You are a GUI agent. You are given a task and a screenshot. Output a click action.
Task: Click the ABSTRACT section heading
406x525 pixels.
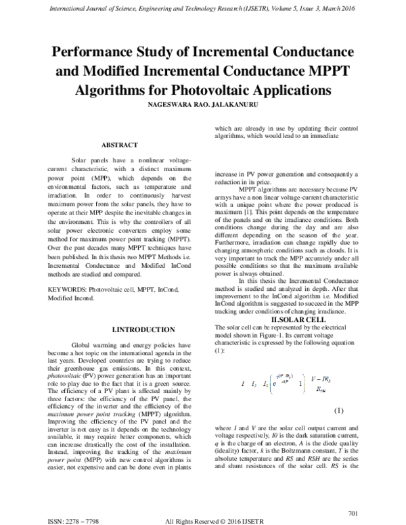tap(120, 145)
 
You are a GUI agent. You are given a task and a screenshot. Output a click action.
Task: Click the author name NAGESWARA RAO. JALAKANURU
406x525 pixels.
tap(203, 106)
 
